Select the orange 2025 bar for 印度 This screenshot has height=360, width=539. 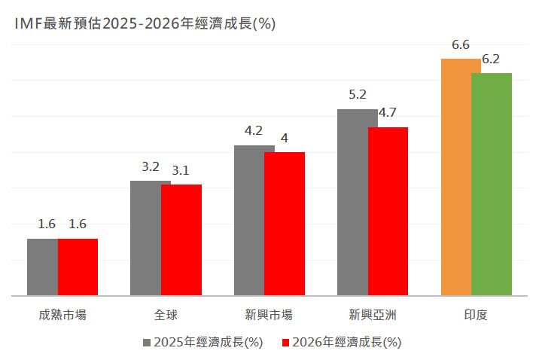(456, 177)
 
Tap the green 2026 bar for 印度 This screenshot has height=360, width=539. (492, 184)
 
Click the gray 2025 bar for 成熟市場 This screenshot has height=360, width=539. (43, 267)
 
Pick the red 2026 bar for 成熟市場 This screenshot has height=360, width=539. (78, 267)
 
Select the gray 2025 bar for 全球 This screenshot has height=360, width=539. (146, 238)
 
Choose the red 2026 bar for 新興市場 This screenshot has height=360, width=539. (285, 224)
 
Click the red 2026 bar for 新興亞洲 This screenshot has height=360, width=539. (388, 211)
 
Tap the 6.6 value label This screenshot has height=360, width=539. (461, 45)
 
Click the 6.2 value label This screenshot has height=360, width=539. (491, 59)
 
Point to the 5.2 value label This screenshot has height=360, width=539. (357, 96)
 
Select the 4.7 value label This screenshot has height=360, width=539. (388, 113)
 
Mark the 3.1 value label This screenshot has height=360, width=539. (181, 171)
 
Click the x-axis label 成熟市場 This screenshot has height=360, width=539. (62, 315)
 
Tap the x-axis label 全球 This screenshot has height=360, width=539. (166, 315)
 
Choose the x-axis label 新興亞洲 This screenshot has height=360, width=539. (373, 315)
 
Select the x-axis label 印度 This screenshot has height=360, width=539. (476, 315)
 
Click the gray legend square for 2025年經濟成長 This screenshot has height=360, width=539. (147, 342)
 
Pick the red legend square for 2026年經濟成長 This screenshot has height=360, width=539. (285, 342)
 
